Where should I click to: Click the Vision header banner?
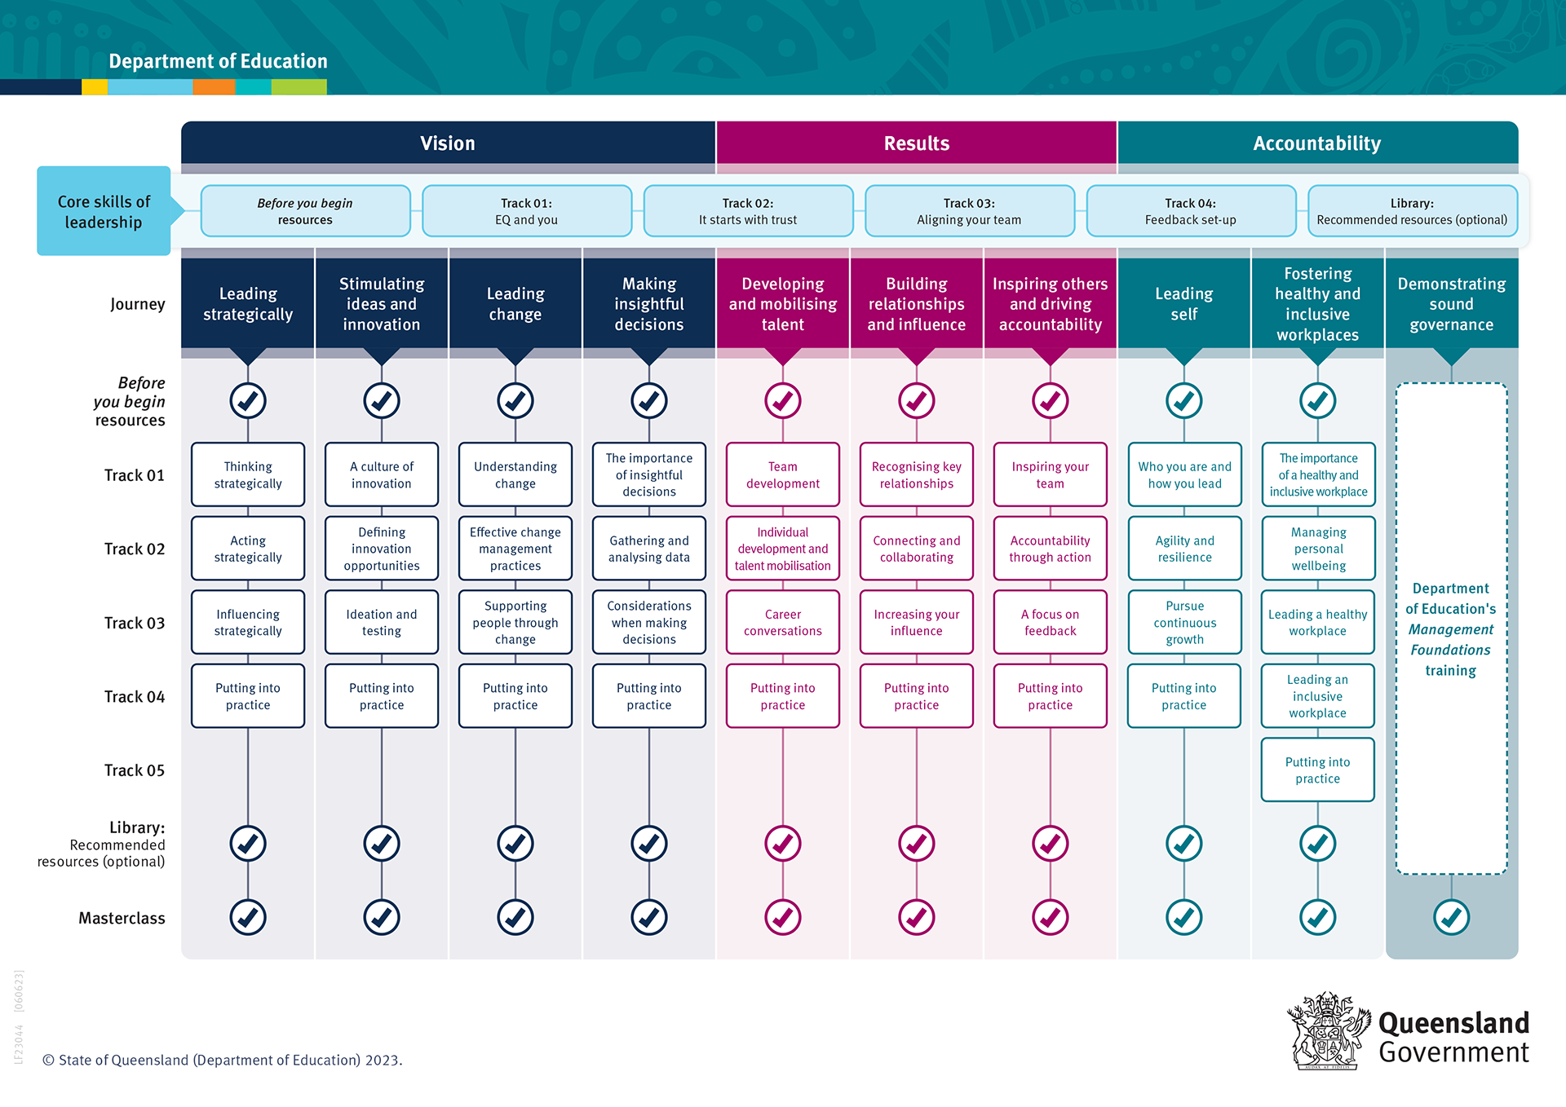(x=448, y=143)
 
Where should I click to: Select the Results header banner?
(x=916, y=143)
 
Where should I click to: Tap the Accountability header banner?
(x=1316, y=143)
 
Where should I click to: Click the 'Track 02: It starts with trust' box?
(x=748, y=211)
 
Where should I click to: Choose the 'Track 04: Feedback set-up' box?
(x=1190, y=211)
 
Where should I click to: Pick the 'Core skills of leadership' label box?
(x=104, y=211)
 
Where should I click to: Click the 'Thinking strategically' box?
(x=248, y=474)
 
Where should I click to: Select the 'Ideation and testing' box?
(x=381, y=622)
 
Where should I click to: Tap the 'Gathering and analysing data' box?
(x=648, y=549)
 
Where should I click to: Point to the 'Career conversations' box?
(x=782, y=622)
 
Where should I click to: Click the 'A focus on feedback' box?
(x=1050, y=622)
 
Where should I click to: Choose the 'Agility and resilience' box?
(x=1184, y=549)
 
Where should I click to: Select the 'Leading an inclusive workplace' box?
(x=1317, y=696)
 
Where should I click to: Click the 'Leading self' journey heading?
(x=1183, y=303)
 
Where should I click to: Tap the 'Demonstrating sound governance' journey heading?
(x=1451, y=303)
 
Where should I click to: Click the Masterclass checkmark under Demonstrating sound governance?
(x=1451, y=917)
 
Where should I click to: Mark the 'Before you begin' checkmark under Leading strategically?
(x=248, y=400)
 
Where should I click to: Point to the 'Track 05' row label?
(x=134, y=770)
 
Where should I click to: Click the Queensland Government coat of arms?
(x=1327, y=1031)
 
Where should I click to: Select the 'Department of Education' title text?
(x=218, y=61)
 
